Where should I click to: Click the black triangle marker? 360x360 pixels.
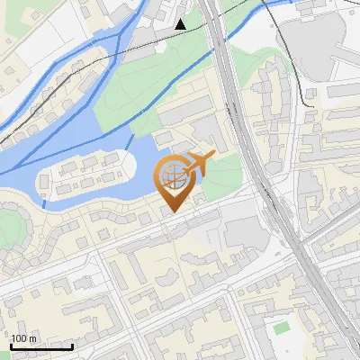pyautogui.click(x=182, y=24)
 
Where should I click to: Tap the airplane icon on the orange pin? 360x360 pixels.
pyautogui.click(x=201, y=163)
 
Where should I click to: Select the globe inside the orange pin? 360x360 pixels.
pyautogui.click(x=173, y=176)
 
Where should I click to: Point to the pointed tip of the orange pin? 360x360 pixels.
pyautogui.click(x=173, y=212)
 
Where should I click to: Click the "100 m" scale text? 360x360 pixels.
pyautogui.click(x=24, y=338)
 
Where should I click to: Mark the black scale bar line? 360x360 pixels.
pyautogui.click(x=41, y=346)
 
